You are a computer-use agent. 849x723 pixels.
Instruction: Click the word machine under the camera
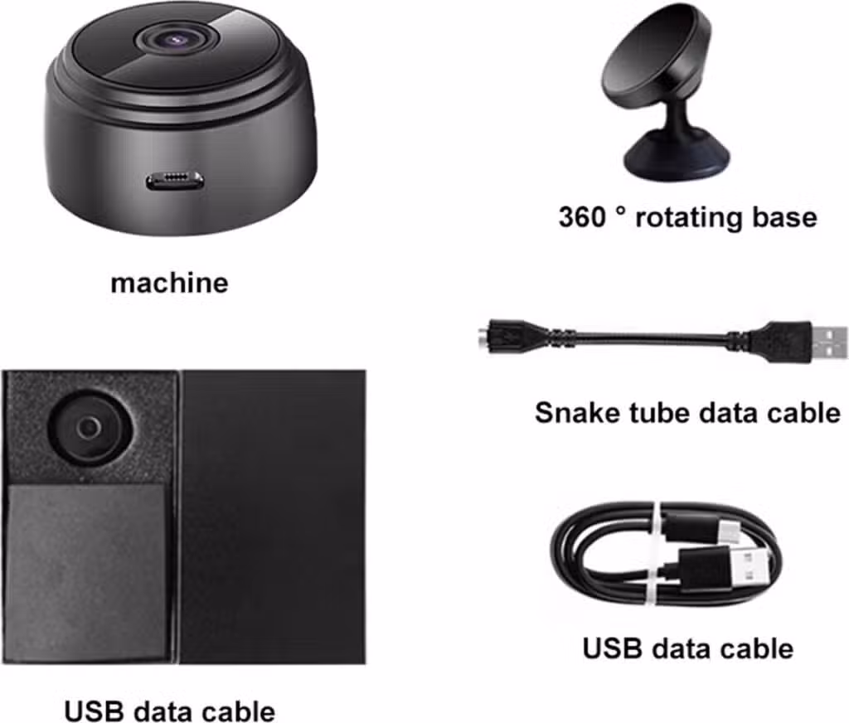169,283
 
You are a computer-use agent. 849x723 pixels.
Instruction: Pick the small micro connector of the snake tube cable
501,337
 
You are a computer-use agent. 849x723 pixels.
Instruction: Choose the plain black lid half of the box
274,516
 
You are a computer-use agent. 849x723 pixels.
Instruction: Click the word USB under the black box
95,711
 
